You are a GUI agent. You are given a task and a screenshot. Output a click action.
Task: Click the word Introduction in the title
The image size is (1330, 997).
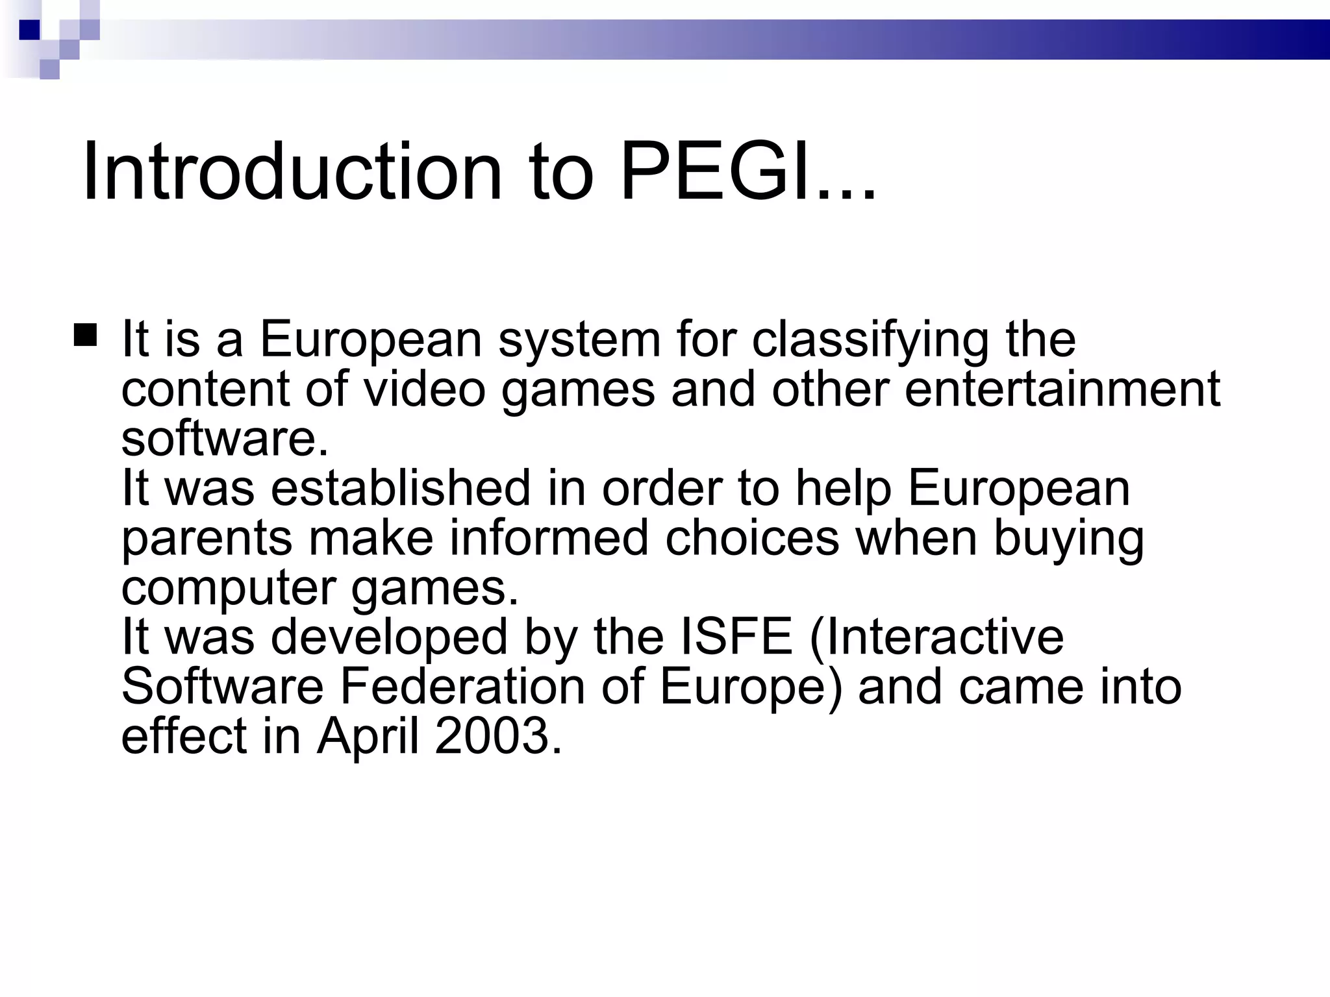click(x=292, y=173)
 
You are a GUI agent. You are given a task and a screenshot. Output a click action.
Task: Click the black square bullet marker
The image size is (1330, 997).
click(x=86, y=336)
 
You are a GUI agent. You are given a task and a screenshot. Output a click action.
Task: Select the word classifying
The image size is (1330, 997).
click(x=870, y=340)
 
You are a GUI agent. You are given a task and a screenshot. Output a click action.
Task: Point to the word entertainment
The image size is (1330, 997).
click(x=1062, y=389)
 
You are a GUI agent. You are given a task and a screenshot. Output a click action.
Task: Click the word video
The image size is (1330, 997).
click(x=424, y=389)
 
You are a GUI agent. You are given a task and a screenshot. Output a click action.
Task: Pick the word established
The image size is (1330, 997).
click(x=401, y=488)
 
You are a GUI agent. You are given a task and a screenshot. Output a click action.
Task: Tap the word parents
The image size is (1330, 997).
click(x=207, y=539)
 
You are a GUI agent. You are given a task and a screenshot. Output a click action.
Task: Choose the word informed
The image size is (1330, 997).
click(x=549, y=538)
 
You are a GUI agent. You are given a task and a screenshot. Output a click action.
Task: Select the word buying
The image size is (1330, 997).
click(x=1068, y=539)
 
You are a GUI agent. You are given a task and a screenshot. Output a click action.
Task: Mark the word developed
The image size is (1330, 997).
click(x=389, y=637)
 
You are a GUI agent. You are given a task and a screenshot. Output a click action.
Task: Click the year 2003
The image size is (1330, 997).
click(x=497, y=737)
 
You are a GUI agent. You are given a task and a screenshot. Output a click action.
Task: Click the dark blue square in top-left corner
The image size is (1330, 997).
click(x=30, y=30)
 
